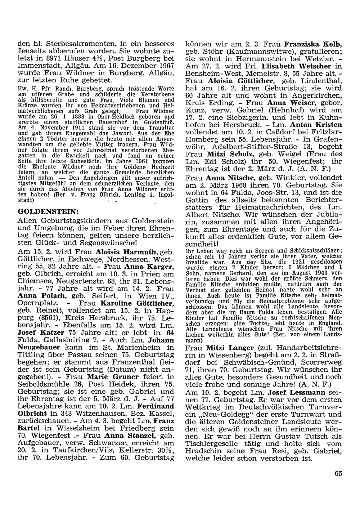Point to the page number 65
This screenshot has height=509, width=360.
click(x=338, y=474)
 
